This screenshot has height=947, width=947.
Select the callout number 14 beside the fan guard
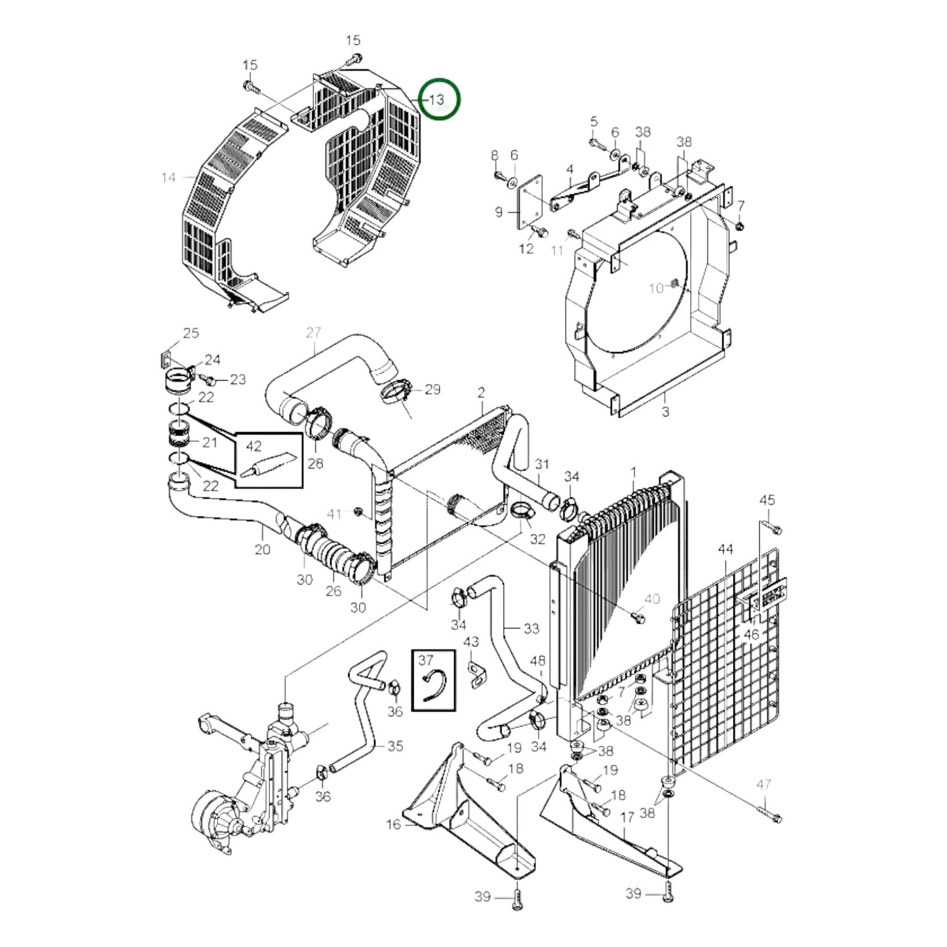tap(168, 178)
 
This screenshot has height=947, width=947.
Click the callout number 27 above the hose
tap(313, 333)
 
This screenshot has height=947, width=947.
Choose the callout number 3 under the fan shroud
tap(665, 412)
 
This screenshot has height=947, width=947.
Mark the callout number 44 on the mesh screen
tap(725, 549)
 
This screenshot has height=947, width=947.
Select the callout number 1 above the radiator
tap(634, 472)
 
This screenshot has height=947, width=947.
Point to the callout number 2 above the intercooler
tap(481, 393)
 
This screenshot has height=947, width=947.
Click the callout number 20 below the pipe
tap(262, 549)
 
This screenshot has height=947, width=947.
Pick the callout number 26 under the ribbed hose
tap(334, 590)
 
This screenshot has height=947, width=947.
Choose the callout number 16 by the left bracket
tap(393, 824)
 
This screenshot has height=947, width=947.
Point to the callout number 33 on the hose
tap(531, 628)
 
